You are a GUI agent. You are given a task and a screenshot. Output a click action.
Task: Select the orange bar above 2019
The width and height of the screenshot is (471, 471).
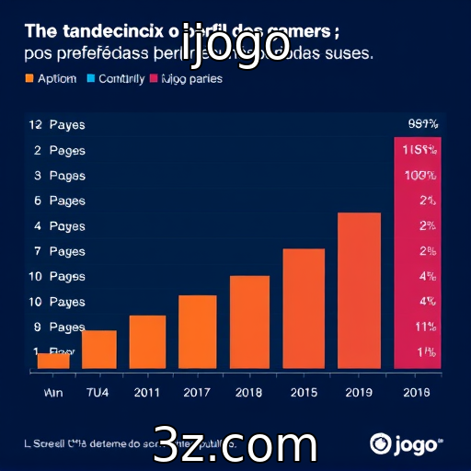359,291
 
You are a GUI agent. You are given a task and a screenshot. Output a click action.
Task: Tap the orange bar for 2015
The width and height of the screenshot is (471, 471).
304,309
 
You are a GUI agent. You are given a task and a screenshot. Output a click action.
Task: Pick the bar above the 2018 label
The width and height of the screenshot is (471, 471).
249,322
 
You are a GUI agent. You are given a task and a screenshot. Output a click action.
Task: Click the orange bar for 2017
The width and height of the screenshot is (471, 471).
198,332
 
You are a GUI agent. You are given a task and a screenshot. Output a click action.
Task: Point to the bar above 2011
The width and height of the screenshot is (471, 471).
147,342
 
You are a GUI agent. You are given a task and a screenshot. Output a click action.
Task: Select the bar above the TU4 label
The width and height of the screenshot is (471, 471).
99,350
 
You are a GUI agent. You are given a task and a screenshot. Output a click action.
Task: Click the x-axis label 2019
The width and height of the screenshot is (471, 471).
359,392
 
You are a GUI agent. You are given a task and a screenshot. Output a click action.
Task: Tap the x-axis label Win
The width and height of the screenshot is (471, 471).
52,392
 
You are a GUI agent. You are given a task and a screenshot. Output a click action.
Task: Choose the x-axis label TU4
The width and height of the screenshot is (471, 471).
98,392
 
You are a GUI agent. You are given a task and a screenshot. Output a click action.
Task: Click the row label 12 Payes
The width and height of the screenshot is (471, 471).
51,124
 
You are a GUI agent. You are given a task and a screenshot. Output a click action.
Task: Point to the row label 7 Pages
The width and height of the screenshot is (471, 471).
51,251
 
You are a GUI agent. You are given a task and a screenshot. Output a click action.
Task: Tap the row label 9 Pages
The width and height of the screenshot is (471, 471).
51,327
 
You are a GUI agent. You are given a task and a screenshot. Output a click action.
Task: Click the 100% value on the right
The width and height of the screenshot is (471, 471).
419,175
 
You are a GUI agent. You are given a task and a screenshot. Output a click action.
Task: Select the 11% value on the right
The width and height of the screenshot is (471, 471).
424,327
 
